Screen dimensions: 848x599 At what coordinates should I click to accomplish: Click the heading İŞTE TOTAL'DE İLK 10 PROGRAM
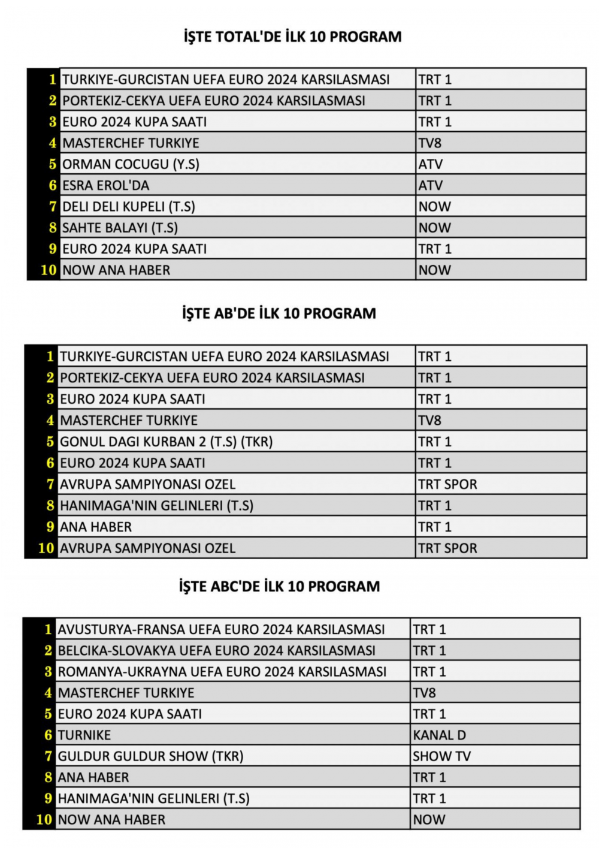292,37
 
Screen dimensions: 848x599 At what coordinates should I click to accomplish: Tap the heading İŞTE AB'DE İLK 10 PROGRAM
279,313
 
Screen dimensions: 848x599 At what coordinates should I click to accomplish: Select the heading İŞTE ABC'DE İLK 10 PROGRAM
279,586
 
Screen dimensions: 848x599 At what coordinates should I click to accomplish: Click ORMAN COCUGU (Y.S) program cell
131,164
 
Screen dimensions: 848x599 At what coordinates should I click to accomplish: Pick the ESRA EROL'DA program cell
106,185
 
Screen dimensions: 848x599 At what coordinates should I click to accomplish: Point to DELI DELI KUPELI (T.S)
129,207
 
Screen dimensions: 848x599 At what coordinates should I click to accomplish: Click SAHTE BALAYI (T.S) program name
120,228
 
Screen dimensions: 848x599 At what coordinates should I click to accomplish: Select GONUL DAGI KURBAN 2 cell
166,442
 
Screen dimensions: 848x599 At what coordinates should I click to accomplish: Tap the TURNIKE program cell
84,735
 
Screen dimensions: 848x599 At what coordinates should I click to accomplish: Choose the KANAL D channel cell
439,735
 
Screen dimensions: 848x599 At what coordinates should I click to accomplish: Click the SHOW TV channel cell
441,756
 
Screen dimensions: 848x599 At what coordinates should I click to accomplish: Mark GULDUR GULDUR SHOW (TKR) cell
150,756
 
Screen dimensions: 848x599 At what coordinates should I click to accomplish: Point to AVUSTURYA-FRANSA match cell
221,629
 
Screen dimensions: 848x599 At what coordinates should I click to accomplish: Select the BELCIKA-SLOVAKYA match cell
216,650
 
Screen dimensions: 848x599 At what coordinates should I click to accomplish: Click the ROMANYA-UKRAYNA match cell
222,672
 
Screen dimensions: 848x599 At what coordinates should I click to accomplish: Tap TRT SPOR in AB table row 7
447,484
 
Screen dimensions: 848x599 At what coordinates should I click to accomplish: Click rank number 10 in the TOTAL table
48,270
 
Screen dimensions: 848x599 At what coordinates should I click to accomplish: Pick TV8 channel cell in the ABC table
424,693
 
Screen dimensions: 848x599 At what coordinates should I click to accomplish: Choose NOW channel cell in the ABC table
429,819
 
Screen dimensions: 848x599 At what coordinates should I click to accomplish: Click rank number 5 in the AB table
50,442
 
